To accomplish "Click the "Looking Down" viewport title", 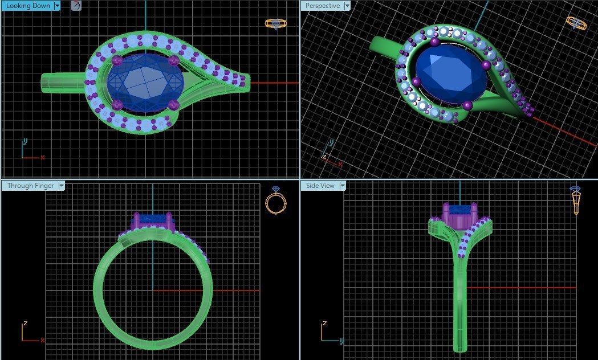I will [27, 6].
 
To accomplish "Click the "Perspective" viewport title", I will [322, 6].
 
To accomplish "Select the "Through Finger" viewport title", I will [29, 186].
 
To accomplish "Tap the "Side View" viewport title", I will [320, 186].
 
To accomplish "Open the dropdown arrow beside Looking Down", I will [57, 6].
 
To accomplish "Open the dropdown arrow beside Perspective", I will [347, 6].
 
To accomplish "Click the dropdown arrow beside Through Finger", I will [62, 186].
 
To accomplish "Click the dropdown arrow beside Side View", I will [343, 186].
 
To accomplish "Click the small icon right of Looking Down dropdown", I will [76, 6].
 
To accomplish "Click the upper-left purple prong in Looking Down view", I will [118, 60].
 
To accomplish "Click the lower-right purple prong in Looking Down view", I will [175, 105].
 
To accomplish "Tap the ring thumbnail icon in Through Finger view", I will [275, 201].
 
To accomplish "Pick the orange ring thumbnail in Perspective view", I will [576, 23].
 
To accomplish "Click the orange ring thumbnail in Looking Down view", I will [276, 23].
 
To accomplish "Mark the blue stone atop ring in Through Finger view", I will [152, 217].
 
